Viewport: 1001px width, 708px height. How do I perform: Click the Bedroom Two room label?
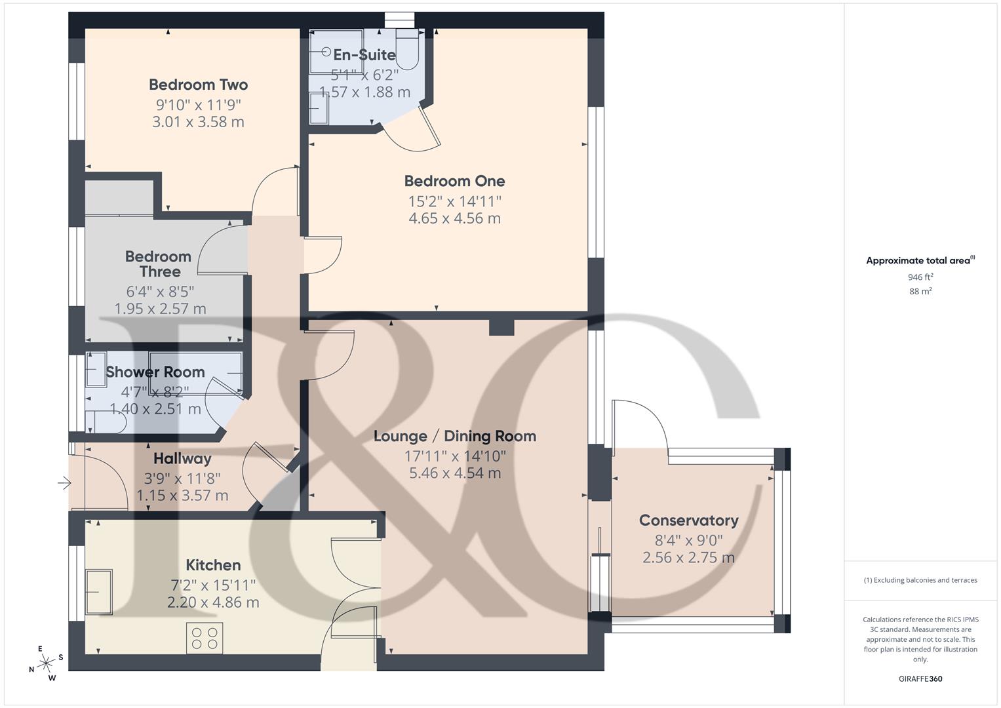coord(198,85)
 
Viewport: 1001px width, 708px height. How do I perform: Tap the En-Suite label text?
coord(364,55)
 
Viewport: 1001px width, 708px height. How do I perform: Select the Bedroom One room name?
coord(454,181)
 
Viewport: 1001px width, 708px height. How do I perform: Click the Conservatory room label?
coord(688,521)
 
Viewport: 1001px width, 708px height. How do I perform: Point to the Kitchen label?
coord(213,565)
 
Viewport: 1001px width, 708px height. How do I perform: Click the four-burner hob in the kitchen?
coord(204,638)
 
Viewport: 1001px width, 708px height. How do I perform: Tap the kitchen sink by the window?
coord(98,592)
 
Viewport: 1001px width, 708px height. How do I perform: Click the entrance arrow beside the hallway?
coord(64,484)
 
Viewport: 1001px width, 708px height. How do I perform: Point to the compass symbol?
coord(45,663)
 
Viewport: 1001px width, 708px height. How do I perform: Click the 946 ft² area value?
coord(920,277)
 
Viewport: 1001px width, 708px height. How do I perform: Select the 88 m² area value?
coord(920,292)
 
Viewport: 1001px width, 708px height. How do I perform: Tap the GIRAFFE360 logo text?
coord(920,678)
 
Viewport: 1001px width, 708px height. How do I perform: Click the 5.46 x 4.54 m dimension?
coord(454,473)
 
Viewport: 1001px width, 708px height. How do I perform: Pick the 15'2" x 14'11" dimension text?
coord(454,201)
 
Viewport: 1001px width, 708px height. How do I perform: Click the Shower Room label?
coord(155,372)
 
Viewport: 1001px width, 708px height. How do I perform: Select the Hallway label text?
coord(182,458)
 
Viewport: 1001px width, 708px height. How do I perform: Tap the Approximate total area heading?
coord(920,261)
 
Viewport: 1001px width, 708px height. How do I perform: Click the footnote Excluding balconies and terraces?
coord(920,580)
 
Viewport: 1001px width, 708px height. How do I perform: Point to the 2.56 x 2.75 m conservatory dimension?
coord(688,558)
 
